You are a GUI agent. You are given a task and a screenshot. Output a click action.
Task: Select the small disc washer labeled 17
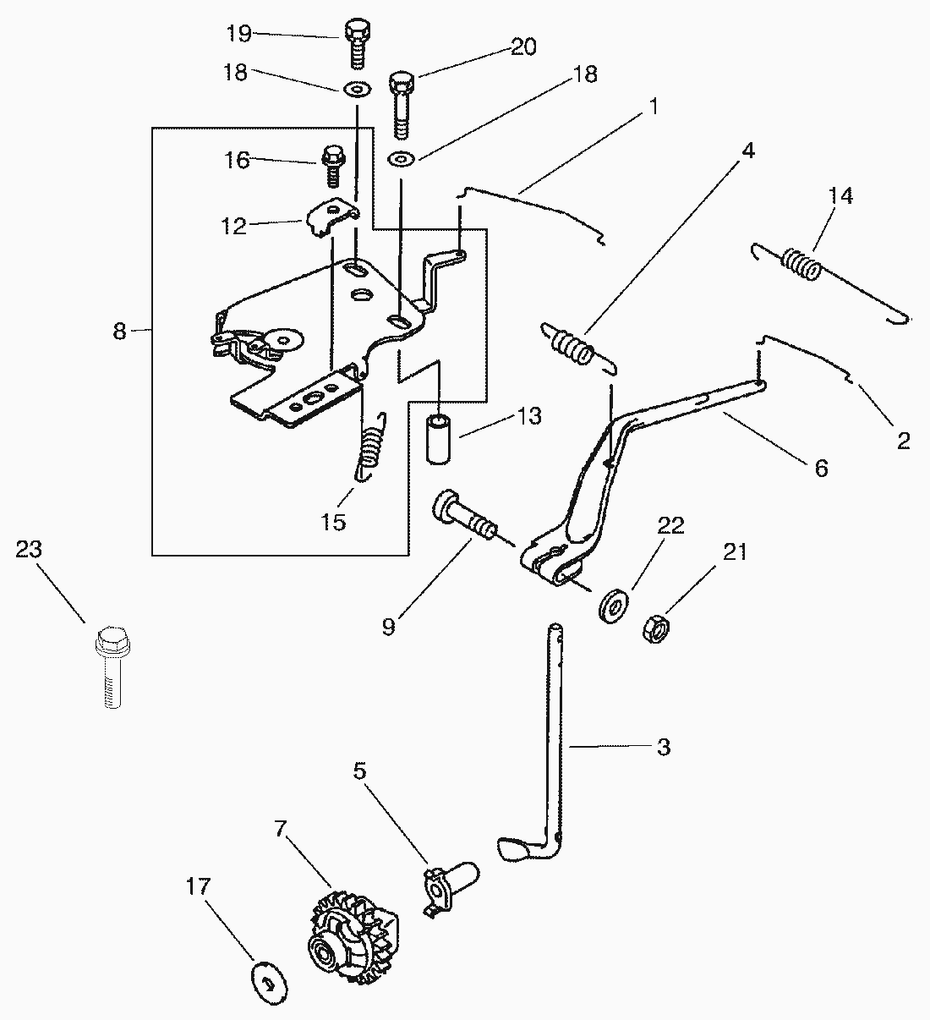pyautogui.click(x=268, y=982)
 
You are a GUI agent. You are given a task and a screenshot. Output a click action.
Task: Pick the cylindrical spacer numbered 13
pyautogui.click(x=439, y=437)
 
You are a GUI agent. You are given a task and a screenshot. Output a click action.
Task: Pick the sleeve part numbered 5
pyautogui.click(x=447, y=886)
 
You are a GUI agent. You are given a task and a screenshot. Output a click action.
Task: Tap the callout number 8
pyautogui.click(x=120, y=332)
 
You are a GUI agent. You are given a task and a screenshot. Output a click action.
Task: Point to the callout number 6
pyautogui.click(x=821, y=467)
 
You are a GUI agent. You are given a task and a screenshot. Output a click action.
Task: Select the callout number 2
pyautogui.click(x=903, y=441)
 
